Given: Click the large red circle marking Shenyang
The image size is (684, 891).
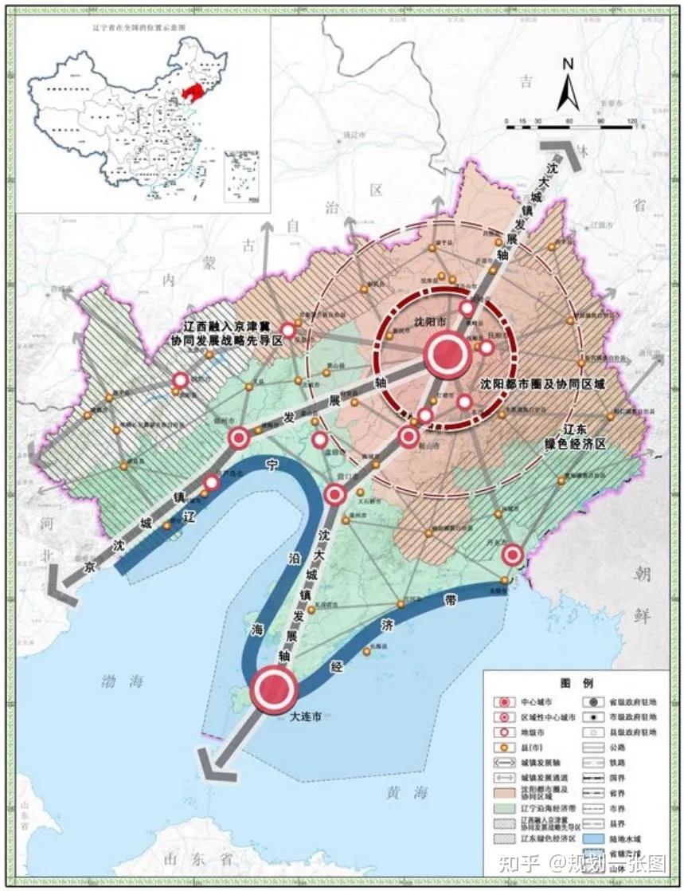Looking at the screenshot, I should [x=447, y=355].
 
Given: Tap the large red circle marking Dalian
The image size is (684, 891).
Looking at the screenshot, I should [x=273, y=690].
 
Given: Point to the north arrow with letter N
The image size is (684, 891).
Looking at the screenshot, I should [x=567, y=85].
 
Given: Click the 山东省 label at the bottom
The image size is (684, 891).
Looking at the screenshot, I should [x=193, y=859].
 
